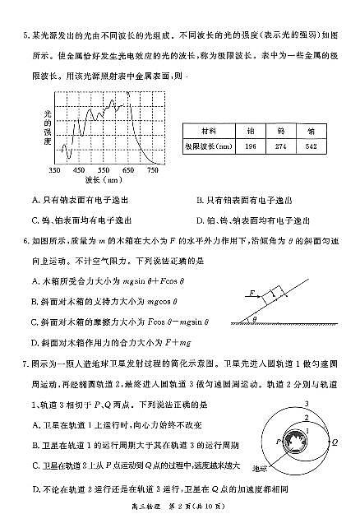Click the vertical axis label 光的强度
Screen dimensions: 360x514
pos(47,127)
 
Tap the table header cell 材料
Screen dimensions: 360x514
pos(210,130)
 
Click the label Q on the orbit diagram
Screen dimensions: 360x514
pos(336,441)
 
